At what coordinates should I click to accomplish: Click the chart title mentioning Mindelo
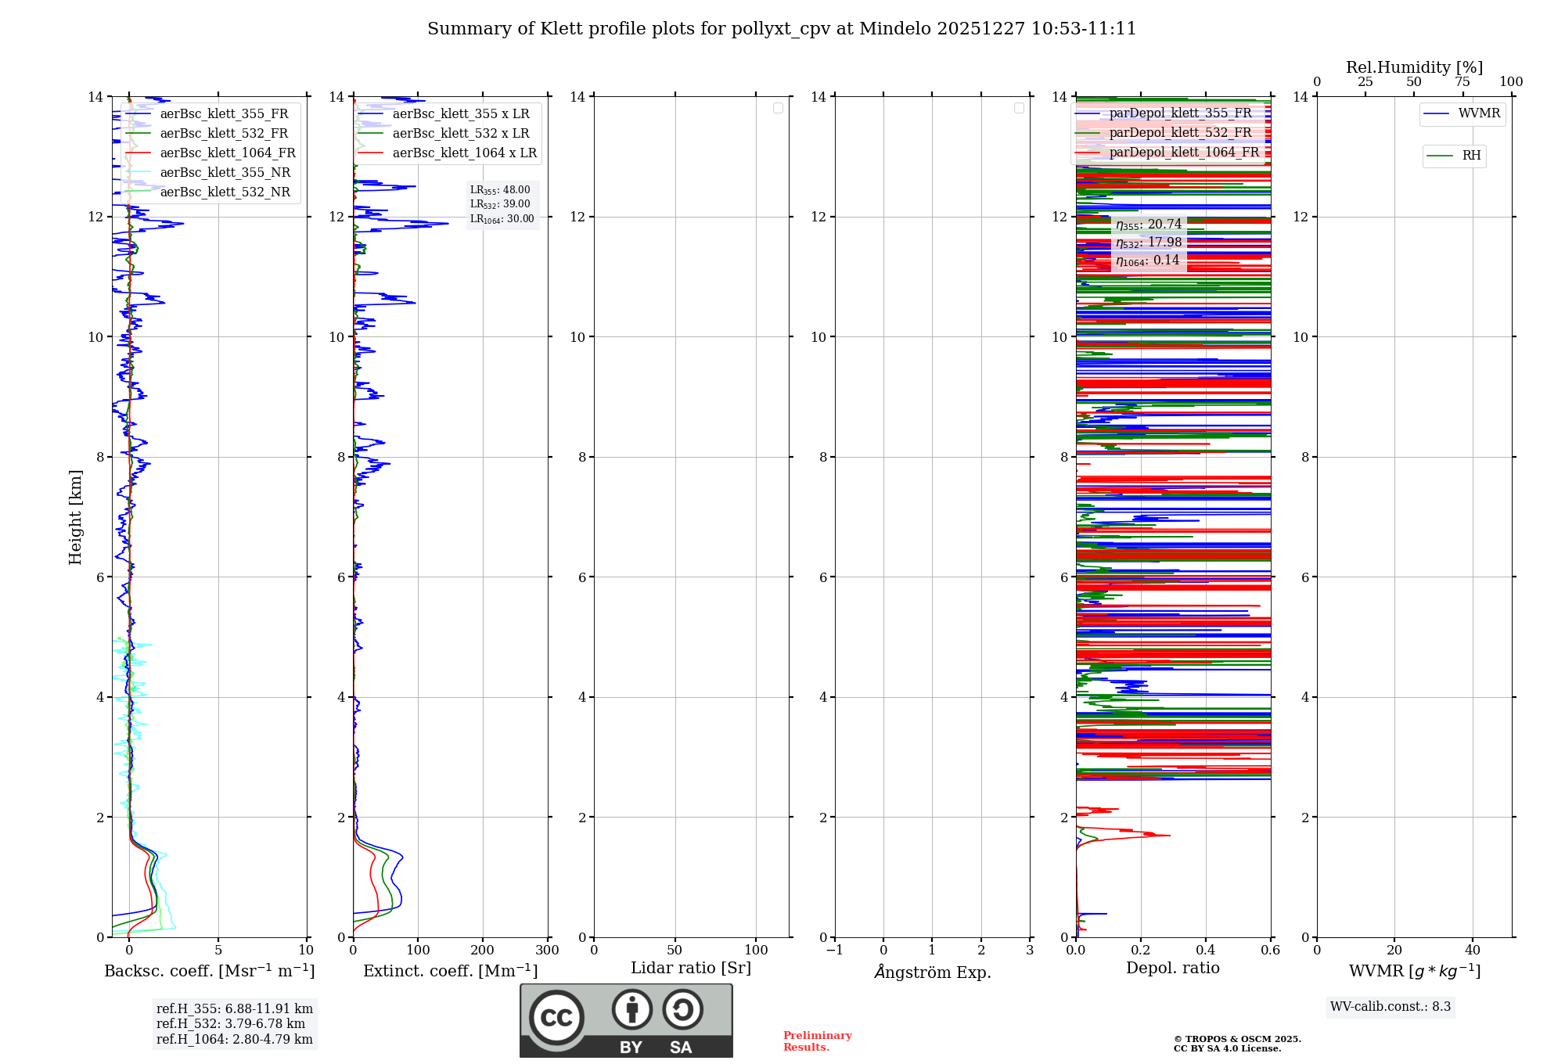[781, 29]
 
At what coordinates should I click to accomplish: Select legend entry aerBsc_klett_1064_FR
[227, 153]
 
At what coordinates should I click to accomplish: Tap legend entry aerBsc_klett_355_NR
[225, 173]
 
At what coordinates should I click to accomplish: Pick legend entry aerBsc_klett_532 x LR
[460, 134]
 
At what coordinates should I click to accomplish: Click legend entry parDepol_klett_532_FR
[1179, 133]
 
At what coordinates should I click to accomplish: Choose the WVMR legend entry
[1478, 113]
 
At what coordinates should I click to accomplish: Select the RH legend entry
[1470, 156]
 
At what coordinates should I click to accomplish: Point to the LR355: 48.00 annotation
[500, 190]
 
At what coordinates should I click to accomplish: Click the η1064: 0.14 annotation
[1147, 261]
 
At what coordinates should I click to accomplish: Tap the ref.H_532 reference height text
[231, 1024]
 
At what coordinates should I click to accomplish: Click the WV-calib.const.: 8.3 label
[1391, 1007]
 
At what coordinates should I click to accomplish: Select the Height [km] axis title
[75, 517]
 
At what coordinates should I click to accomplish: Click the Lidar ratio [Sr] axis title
[691, 969]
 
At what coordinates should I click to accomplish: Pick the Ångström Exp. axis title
[932, 972]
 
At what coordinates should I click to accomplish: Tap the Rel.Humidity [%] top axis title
[1414, 67]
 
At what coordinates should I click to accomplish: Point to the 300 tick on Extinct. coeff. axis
[547, 951]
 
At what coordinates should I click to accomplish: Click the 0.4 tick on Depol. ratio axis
[1206, 951]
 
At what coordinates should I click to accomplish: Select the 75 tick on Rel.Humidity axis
[1462, 82]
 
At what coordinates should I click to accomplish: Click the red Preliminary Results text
[817, 1041]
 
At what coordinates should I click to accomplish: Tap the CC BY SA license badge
[626, 1020]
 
